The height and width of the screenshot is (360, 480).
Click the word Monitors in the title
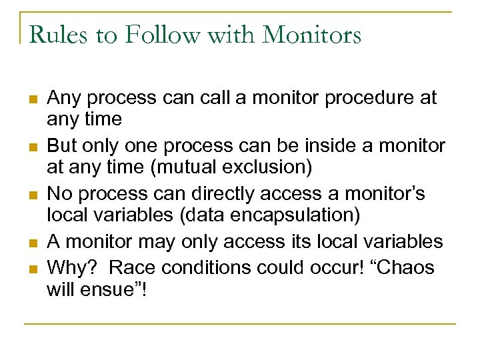click(x=312, y=34)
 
